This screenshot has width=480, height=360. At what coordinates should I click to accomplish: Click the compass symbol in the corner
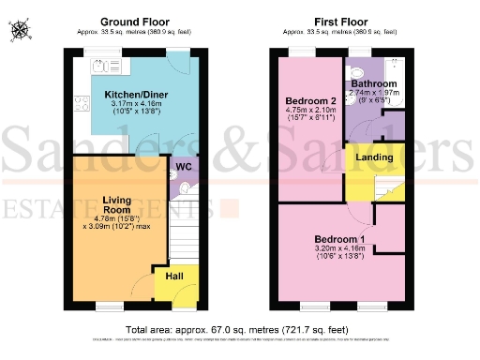[21, 31]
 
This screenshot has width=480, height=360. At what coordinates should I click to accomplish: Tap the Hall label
[174, 277]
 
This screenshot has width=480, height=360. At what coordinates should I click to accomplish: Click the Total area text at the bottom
[239, 330]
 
